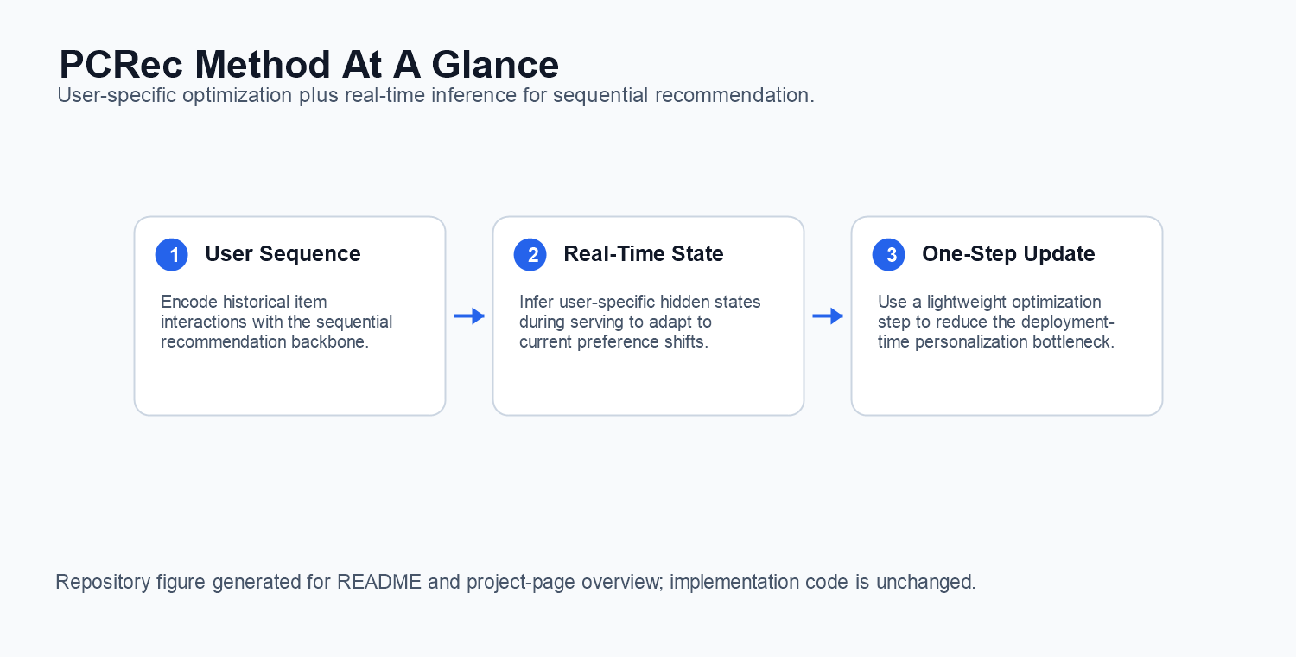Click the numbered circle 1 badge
(x=172, y=255)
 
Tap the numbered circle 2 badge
(x=530, y=255)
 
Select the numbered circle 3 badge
(x=889, y=255)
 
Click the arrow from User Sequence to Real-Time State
(x=469, y=316)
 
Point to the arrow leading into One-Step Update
(x=828, y=316)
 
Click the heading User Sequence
(x=283, y=253)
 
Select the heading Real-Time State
(x=644, y=253)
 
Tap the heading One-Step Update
(x=1008, y=253)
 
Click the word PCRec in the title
(x=121, y=64)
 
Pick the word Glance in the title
(x=495, y=64)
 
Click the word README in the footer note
(x=379, y=582)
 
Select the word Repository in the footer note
(x=103, y=582)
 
